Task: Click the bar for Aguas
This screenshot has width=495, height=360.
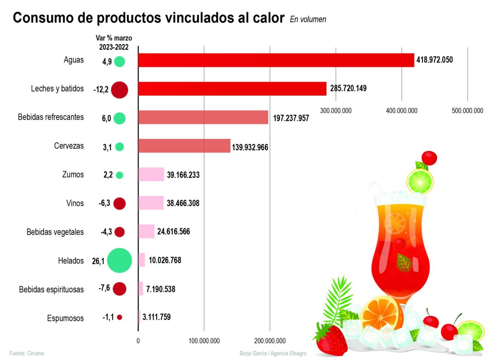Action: click(276, 60)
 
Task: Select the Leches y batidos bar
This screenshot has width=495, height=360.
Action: click(232, 89)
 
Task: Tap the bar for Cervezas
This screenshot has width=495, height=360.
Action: click(184, 146)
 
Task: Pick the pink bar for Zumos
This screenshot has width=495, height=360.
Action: click(151, 175)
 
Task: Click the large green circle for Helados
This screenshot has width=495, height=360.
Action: click(119, 260)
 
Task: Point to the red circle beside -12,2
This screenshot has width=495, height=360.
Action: click(119, 89)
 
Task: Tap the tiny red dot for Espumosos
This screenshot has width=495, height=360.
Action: click(120, 317)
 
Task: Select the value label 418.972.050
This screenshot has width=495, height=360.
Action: click(435, 60)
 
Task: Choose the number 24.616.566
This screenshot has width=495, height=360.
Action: click(178, 232)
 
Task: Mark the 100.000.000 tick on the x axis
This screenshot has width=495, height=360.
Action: click(204, 341)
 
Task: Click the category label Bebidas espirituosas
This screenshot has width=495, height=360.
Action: click(52, 289)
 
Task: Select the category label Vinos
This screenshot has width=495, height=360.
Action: click(75, 203)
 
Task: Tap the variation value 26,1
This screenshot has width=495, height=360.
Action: click(99, 261)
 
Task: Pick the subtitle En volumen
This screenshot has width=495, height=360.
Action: click(308, 19)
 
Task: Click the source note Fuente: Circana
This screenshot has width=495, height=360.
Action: click(26, 353)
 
